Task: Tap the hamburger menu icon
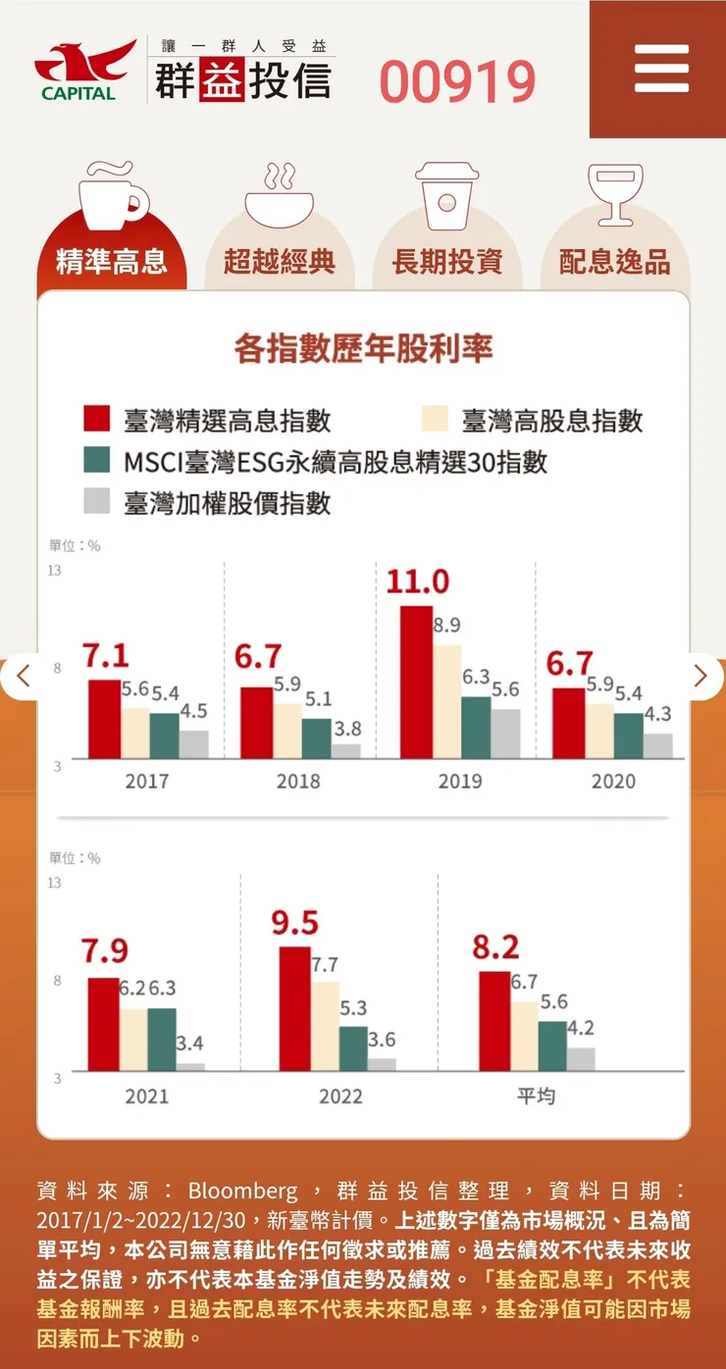click(x=661, y=69)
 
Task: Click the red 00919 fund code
click(x=457, y=82)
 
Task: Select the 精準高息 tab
click(x=112, y=262)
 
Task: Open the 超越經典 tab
click(x=280, y=262)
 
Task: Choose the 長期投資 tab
click(x=447, y=262)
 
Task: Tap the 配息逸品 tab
click(x=615, y=262)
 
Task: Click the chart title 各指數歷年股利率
click(x=363, y=348)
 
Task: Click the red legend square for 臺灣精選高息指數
click(x=96, y=419)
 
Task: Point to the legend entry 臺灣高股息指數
click(x=552, y=421)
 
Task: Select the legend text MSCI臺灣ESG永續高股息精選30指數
click(x=335, y=462)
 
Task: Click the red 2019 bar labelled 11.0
click(x=417, y=682)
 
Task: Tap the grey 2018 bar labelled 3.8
click(x=345, y=751)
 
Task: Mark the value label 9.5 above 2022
click(x=295, y=924)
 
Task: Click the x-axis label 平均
click(x=537, y=1095)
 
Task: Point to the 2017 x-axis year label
click(x=147, y=782)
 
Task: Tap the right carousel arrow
click(x=700, y=676)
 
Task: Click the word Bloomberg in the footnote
click(x=242, y=1192)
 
